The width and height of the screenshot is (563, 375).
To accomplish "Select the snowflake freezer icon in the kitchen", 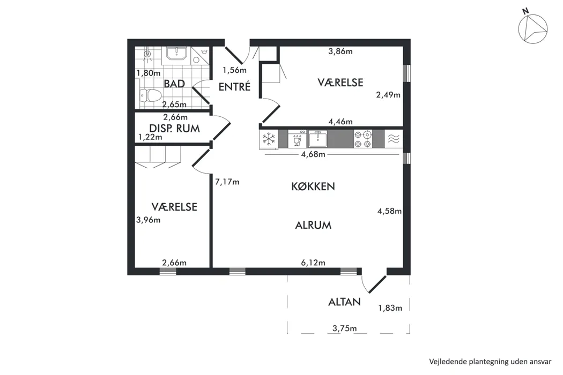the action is coord(269,139).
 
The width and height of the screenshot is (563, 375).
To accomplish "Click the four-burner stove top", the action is coord(362,139).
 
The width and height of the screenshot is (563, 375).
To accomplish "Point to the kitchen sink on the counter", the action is coord(318,139).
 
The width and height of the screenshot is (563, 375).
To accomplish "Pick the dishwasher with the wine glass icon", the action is coord(297,139).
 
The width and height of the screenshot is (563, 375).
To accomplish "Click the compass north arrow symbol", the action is coord(532,28).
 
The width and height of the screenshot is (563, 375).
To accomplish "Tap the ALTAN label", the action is coord(344,302).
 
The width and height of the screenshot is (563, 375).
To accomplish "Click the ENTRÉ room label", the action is coord(234,86).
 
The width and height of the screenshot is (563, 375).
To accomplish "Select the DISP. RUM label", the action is coord(174,129).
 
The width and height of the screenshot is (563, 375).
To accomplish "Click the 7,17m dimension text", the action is coord(227,182).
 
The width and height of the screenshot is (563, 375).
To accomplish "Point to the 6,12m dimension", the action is coord(313,262).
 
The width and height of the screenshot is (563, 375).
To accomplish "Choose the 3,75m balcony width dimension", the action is coord(344,328).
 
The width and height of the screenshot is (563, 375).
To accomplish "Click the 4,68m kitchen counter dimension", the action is coord(313,154).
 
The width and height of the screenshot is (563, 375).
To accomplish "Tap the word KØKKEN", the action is coord(313,186).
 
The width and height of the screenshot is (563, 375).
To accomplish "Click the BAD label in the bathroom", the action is coord(174,84).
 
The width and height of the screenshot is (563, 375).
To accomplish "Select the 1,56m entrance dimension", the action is coord(234,70).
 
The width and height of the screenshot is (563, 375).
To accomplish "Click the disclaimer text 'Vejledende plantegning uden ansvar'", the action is coord(490,362).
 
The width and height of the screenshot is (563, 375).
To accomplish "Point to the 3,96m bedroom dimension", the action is coord(149,220).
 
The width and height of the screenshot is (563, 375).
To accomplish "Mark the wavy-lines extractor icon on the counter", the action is coord(394,139).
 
